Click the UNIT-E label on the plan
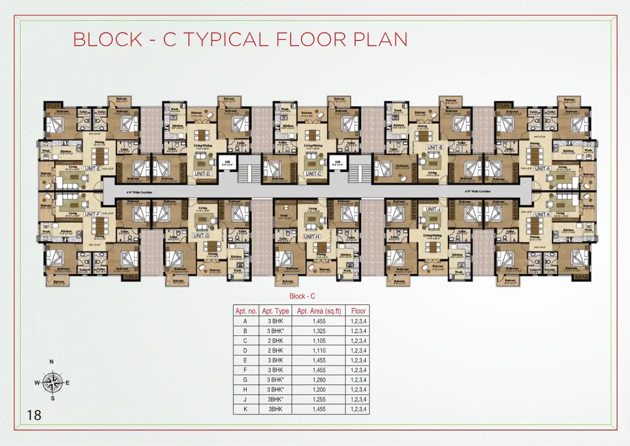pyautogui.click(x=93, y=169)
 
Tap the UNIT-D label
pyautogui.click(x=202, y=173)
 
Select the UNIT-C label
pyautogui.click(x=313, y=173)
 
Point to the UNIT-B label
pyautogui.click(x=434, y=147)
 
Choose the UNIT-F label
pyautogui.click(x=93, y=214)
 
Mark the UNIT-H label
pyautogui.click(x=312, y=237)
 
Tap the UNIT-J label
pyautogui.click(x=432, y=209)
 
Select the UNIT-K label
pyautogui.click(x=542, y=214)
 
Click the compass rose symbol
pyautogui.click(x=52, y=382)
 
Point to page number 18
pyautogui.click(x=35, y=415)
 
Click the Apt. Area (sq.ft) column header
pyautogui.click(x=319, y=311)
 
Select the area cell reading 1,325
pyautogui.click(x=319, y=331)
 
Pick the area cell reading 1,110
pyautogui.click(x=319, y=350)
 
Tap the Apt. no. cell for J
pyautogui.click(x=246, y=399)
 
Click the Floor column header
pyautogui.click(x=358, y=311)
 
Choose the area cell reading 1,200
pyautogui.click(x=319, y=389)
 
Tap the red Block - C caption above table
pyautogui.click(x=302, y=296)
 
